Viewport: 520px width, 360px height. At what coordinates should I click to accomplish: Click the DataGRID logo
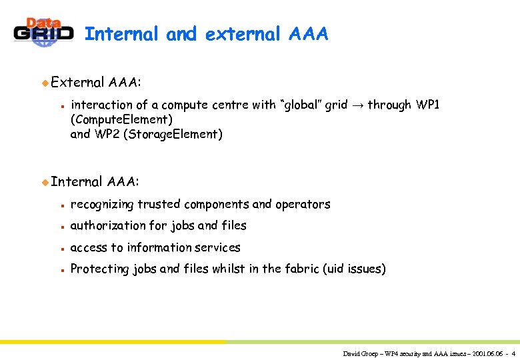pyautogui.click(x=43, y=31)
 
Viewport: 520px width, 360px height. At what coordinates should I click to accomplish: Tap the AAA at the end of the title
pyautogui.click(x=309, y=34)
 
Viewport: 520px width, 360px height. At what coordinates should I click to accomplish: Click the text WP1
pyautogui.click(x=427, y=105)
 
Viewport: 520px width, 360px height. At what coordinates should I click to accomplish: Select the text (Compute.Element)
pyautogui.click(x=121, y=119)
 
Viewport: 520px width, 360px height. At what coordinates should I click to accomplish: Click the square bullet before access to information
pyautogui.click(x=61, y=248)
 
